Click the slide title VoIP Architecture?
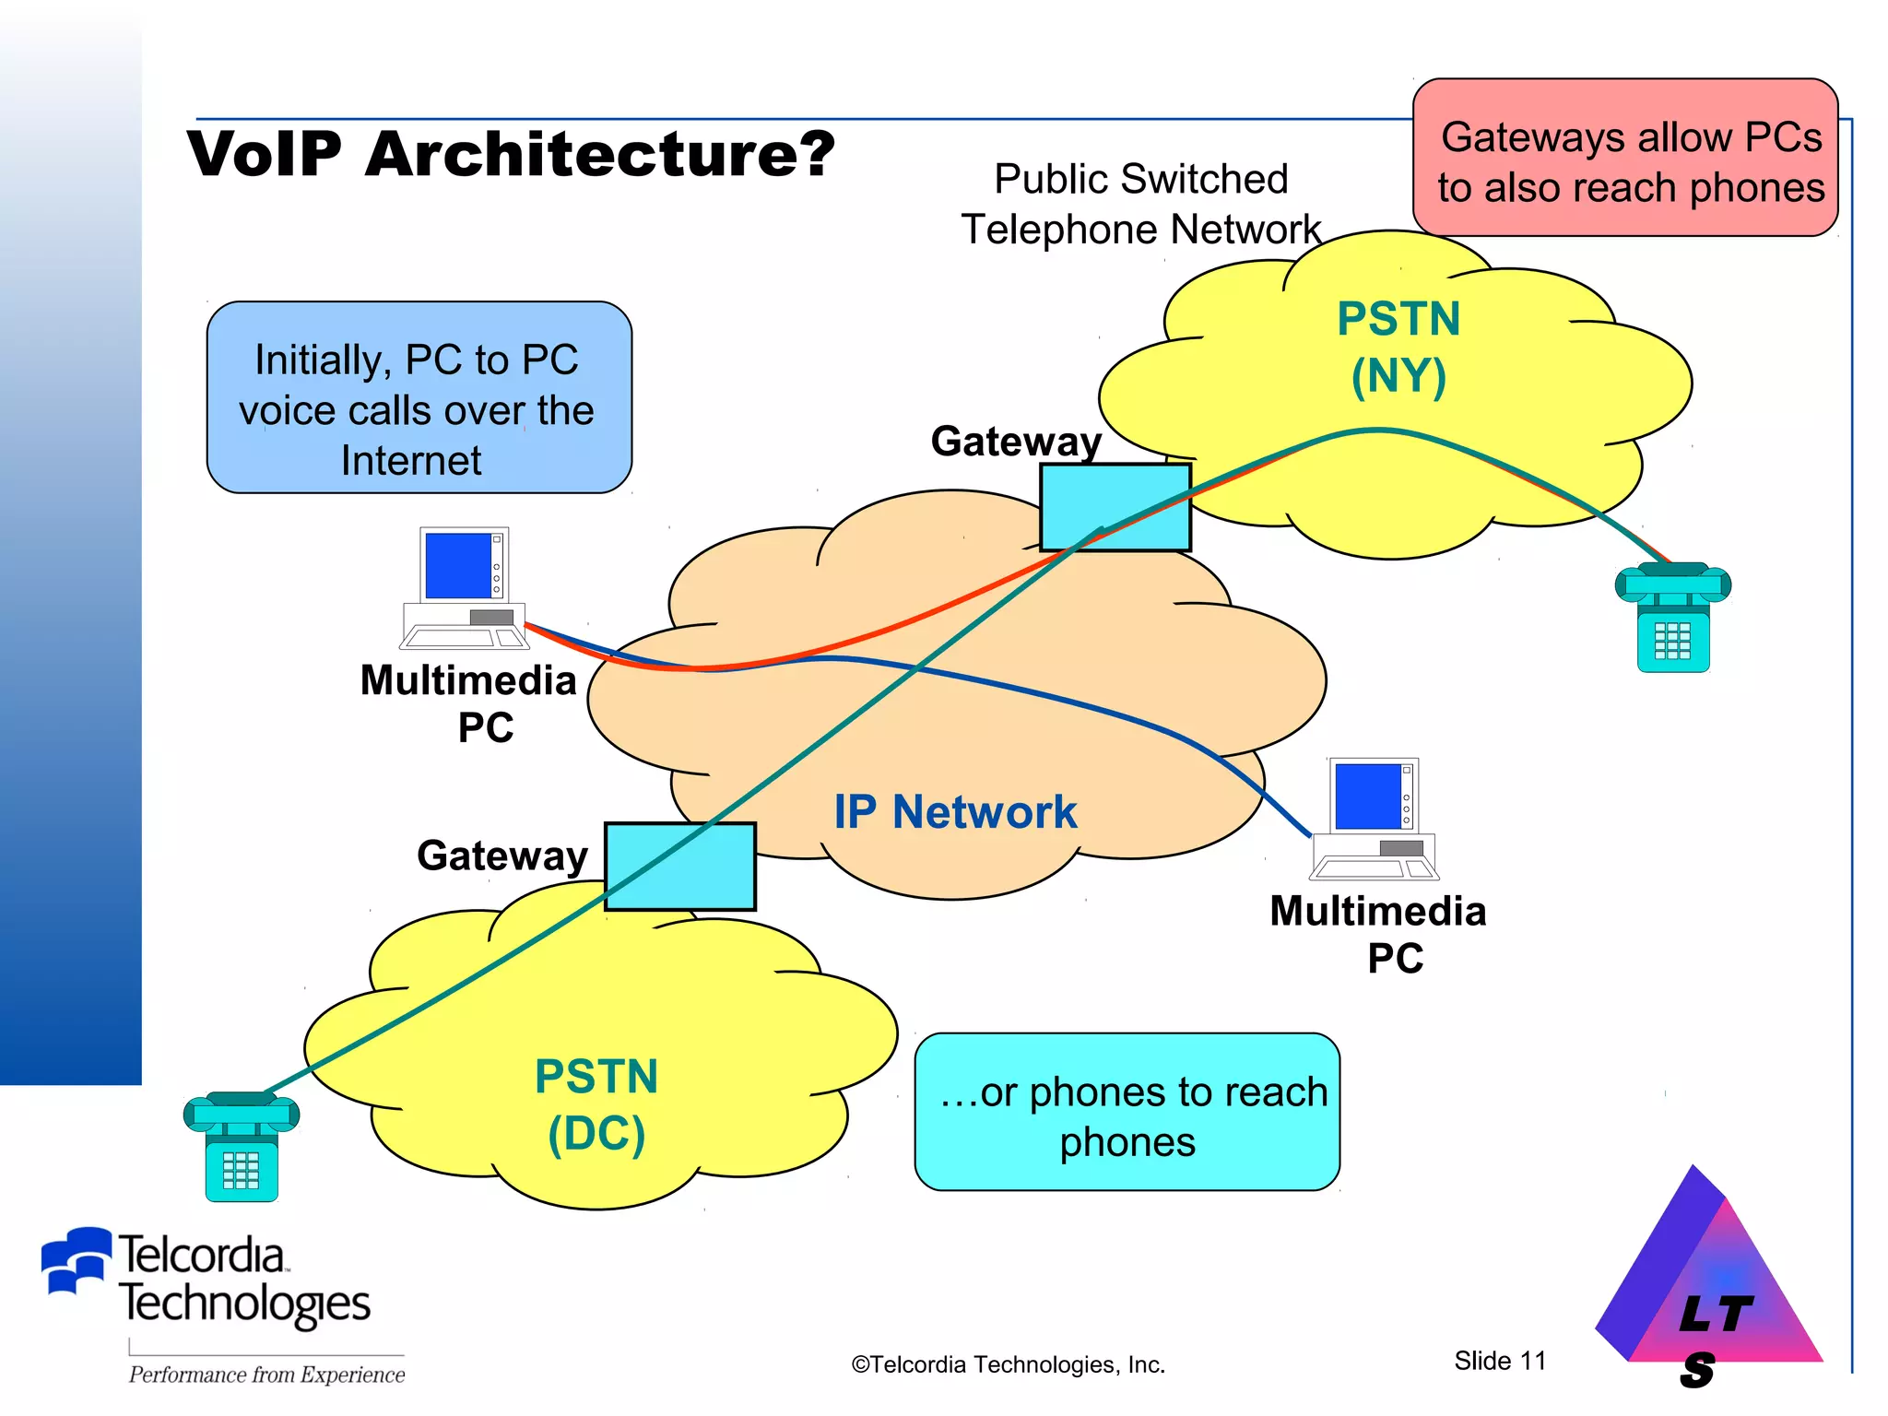(x=511, y=154)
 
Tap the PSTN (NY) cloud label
(x=1398, y=348)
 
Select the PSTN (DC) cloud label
(x=596, y=1104)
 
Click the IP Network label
(x=955, y=812)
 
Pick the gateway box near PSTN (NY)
(x=1115, y=507)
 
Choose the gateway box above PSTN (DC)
(x=679, y=867)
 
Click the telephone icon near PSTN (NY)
(x=1672, y=617)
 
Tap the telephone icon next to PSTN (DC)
(x=241, y=1147)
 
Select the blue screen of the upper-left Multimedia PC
(x=458, y=565)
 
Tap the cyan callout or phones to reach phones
(x=1127, y=1113)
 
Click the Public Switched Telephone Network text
(x=1140, y=204)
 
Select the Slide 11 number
(x=1499, y=1361)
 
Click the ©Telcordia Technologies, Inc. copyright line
(x=1008, y=1364)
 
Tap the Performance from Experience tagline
(x=266, y=1375)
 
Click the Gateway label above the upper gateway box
(x=1015, y=442)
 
